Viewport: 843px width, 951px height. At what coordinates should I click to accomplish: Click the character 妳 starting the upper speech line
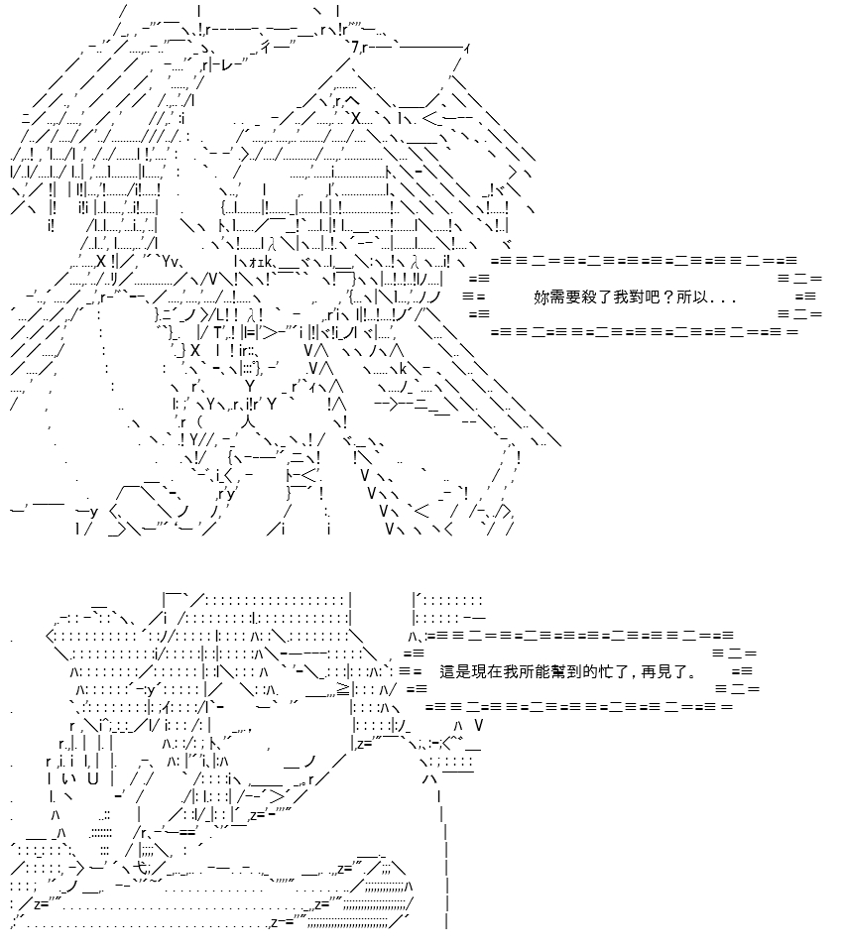point(542,297)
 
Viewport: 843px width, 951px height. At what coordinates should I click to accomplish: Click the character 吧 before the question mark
point(652,297)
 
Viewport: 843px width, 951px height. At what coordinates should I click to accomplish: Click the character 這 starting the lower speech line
point(447,672)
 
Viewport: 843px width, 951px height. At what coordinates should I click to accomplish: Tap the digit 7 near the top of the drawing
point(355,47)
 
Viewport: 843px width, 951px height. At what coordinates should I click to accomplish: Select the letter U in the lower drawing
point(93,778)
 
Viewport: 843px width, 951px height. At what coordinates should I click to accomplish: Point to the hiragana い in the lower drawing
point(67,778)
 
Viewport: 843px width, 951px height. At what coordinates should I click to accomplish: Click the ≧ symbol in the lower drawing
point(343,689)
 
